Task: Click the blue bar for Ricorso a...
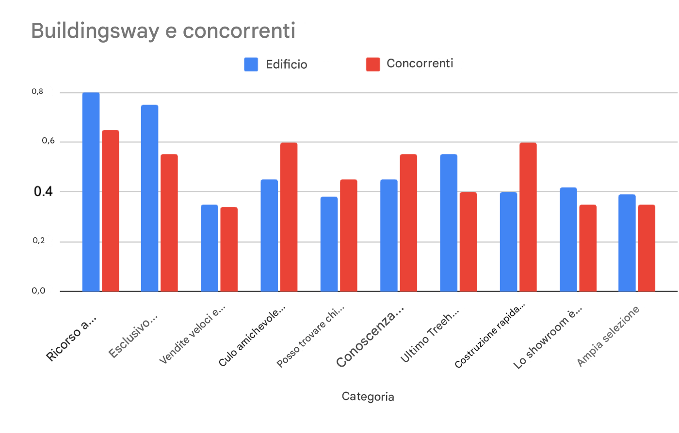tap(91, 192)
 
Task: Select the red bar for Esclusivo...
tap(169, 223)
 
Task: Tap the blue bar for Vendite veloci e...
tap(210, 248)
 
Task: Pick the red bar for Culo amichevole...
tap(289, 217)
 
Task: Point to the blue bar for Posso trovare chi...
tap(329, 244)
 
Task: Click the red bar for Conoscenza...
tap(408, 223)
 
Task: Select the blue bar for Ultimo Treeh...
tap(449, 223)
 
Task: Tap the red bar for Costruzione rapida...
tap(528, 217)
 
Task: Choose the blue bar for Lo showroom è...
tap(568, 239)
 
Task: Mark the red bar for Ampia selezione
tap(647, 248)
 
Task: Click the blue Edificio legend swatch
tap(251, 64)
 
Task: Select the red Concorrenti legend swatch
tap(373, 64)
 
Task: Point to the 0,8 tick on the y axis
tap(38, 92)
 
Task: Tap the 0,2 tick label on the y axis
tap(39, 241)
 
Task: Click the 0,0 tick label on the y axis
tap(39, 291)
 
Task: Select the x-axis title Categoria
tap(368, 397)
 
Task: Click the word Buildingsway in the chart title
tap(95, 31)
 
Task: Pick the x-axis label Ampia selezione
tap(609, 337)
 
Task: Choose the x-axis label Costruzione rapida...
tap(490, 336)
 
